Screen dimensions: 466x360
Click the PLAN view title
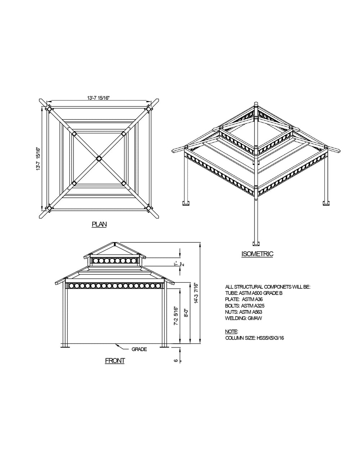coord(99,224)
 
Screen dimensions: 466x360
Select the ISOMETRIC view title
coord(257,254)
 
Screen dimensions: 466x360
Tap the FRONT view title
coord(115,360)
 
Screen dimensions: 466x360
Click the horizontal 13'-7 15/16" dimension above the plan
coord(98,98)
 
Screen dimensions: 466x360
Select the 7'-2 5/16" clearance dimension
coord(176,316)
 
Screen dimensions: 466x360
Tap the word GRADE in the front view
coord(139,349)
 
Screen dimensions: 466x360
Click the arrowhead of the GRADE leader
coord(116,345)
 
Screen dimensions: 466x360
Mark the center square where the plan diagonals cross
coord(99,158)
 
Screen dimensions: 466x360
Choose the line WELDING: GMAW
coord(244,318)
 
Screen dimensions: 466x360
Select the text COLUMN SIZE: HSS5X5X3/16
coord(255,338)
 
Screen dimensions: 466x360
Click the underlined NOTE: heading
coord(231,331)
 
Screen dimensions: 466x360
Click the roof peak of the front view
coord(115,243)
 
